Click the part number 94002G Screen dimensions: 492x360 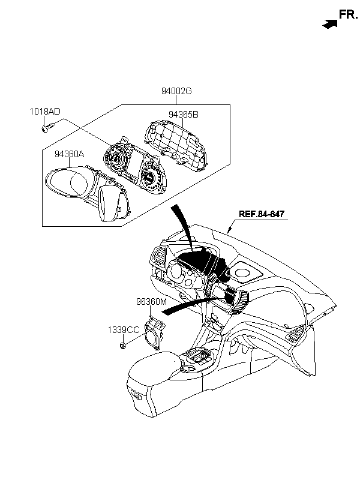(x=176, y=92)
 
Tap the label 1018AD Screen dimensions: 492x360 (x=46, y=112)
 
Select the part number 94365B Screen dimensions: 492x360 (x=183, y=114)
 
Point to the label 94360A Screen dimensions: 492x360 (x=70, y=154)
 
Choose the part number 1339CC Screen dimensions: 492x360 (x=124, y=329)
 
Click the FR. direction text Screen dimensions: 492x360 (x=348, y=14)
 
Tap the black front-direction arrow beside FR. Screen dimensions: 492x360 (x=329, y=24)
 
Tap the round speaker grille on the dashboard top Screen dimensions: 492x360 (x=244, y=274)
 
